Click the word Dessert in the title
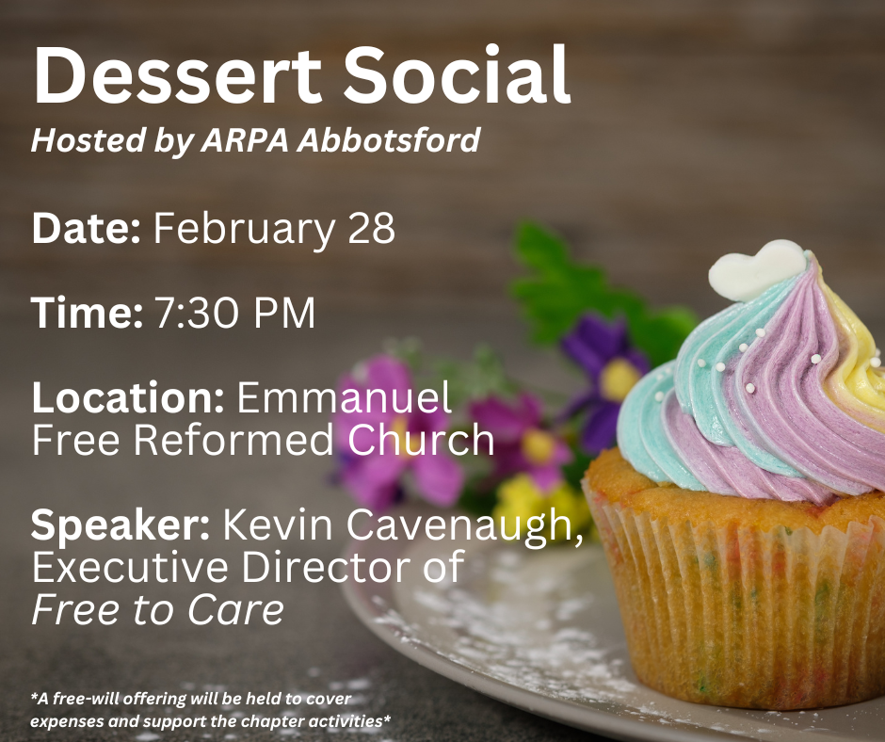click(177, 75)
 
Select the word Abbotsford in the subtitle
click(388, 140)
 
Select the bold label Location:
click(128, 397)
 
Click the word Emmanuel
click(344, 397)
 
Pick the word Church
click(421, 440)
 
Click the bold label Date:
click(86, 228)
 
